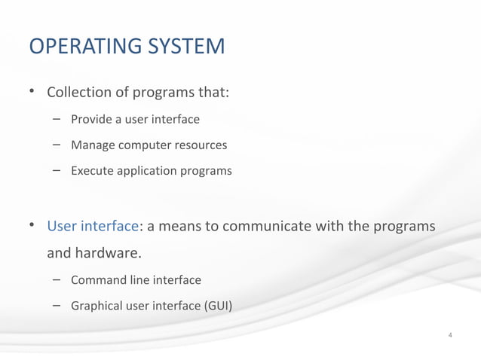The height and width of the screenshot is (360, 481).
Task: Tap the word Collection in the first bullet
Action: click(x=77, y=94)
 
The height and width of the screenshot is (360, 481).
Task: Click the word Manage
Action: click(x=93, y=145)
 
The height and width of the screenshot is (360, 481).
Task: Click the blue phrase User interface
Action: click(x=93, y=226)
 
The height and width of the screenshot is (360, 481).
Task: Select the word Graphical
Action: click(x=96, y=306)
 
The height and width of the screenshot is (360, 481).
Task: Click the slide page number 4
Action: click(x=449, y=334)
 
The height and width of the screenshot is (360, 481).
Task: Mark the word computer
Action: click(x=146, y=145)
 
